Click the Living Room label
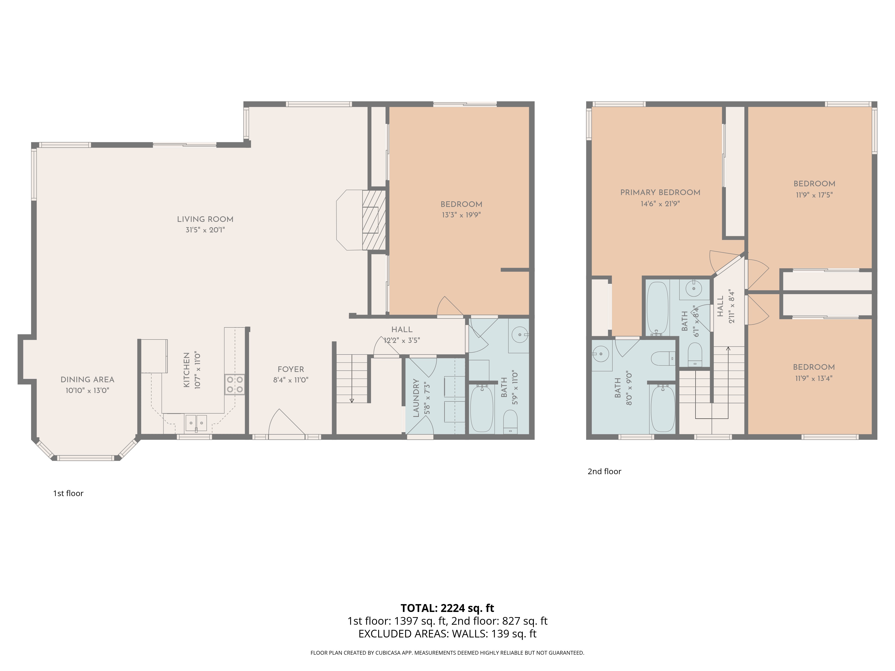(x=205, y=219)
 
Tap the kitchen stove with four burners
(x=235, y=384)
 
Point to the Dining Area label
(x=87, y=379)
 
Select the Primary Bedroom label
(x=660, y=193)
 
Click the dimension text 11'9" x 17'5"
(x=814, y=195)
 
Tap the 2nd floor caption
(x=604, y=471)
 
